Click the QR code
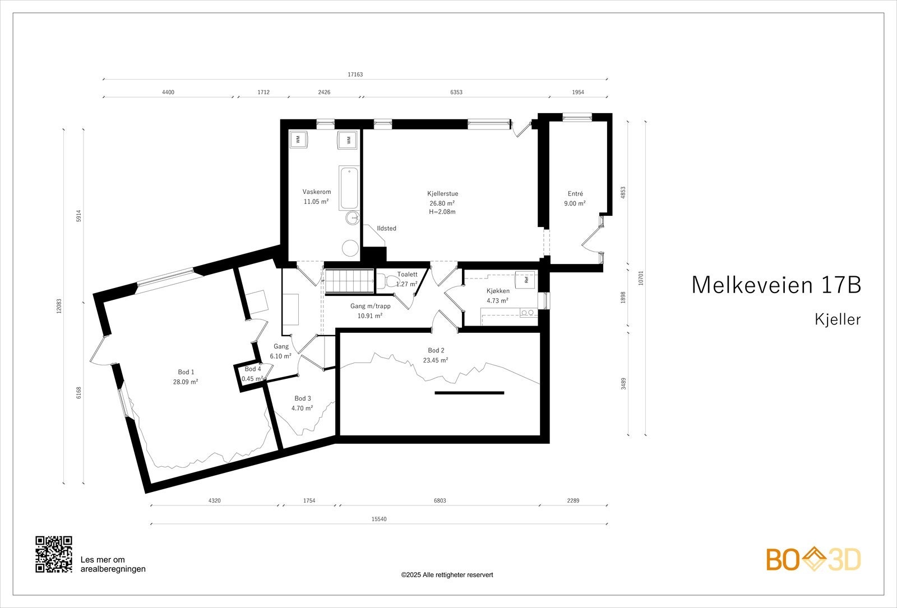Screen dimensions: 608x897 pyautogui.click(x=54, y=554)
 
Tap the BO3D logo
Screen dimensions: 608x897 pyautogui.click(x=813, y=559)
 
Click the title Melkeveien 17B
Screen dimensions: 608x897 pyautogui.click(x=776, y=285)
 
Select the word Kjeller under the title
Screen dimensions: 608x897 pyautogui.click(x=838, y=320)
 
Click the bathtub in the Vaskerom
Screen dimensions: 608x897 pyautogui.click(x=348, y=188)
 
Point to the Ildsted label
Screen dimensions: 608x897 pyautogui.click(x=386, y=229)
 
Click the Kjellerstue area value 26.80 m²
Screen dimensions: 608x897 pyautogui.click(x=442, y=203)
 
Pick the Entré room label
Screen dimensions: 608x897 pyautogui.click(x=575, y=194)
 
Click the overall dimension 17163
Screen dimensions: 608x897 pyautogui.click(x=355, y=75)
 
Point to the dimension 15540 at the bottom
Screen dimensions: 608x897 pyautogui.click(x=379, y=519)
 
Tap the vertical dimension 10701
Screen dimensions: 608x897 pyautogui.click(x=641, y=278)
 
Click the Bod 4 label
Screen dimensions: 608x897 pyautogui.click(x=253, y=369)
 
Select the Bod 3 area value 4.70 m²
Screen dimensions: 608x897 pyautogui.click(x=302, y=409)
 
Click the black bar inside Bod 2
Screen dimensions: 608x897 pyautogui.click(x=469, y=393)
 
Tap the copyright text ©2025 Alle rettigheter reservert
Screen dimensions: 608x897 pyautogui.click(x=447, y=575)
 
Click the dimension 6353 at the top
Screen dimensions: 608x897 pyautogui.click(x=456, y=92)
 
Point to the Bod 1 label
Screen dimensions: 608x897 pyautogui.click(x=186, y=372)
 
